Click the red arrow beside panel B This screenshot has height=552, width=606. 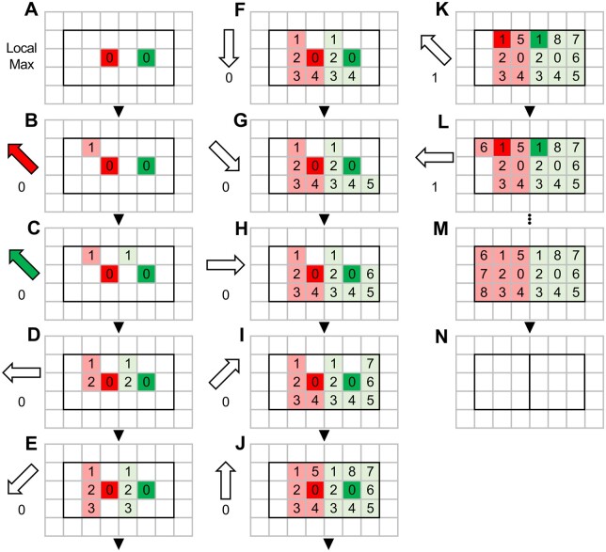[x=24, y=158]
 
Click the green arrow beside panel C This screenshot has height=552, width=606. [x=24, y=264]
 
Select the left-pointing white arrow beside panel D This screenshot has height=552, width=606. [x=22, y=372]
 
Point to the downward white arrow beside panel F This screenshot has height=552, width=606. [x=230, y=49]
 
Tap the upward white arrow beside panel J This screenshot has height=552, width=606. [x=225, y=481]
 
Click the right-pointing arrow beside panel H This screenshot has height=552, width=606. [x=226, y=265]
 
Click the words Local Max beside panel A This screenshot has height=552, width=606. [x=22, y=56]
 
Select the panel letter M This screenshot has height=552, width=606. [x=441, y=229]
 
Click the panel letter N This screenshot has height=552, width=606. [x=441, y=338]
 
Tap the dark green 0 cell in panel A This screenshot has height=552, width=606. [x=147, y=58]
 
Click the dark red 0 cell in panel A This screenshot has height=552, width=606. [x=109, y=58]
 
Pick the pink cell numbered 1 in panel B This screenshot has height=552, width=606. [x=91, y=148]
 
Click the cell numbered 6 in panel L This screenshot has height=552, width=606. [x=484, y=148]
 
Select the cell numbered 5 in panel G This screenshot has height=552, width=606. [x=370, y=184]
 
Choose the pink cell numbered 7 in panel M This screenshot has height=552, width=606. [x=484, y=274]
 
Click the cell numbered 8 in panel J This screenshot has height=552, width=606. [x=352, y=472]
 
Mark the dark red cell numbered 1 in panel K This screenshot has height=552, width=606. [x=502, y=39]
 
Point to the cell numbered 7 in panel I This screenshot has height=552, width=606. [x=370, y=364]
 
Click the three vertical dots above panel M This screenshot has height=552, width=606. [x=530, y=219]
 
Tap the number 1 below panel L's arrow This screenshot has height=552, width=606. [x=435, y=187]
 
